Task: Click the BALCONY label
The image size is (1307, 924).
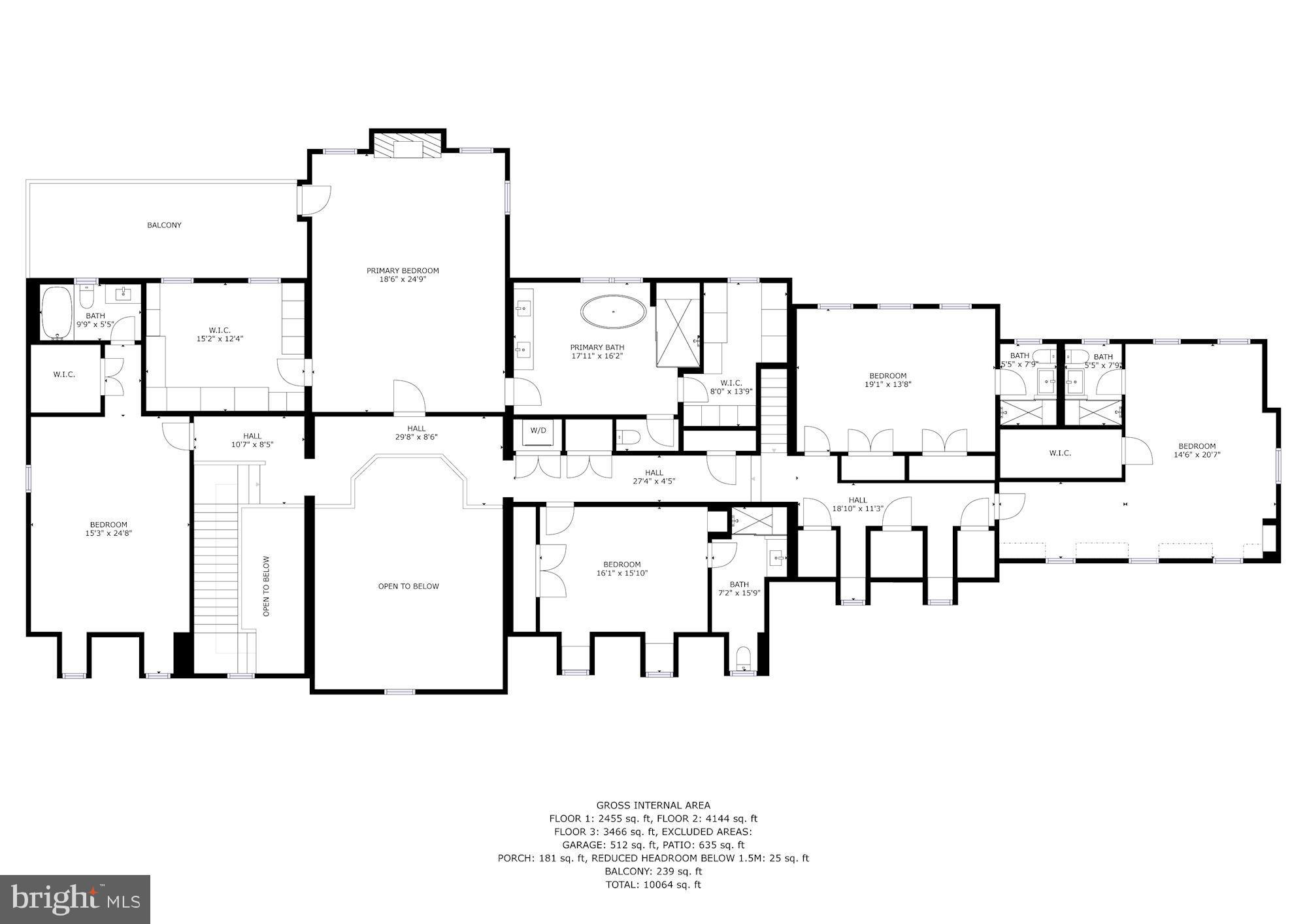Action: (164, 225)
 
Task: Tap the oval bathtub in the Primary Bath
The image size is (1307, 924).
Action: (614, 312)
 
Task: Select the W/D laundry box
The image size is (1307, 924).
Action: (538, 431)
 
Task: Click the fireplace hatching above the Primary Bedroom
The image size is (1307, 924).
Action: (408, 148)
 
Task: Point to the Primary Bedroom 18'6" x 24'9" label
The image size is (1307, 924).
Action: (403, 275)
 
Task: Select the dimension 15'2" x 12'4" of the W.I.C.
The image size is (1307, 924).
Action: (220, 339)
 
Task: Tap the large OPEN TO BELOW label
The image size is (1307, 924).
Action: (408, 586)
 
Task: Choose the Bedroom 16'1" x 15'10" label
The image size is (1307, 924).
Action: (621, 569)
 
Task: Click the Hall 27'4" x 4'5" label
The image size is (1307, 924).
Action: (653, 477)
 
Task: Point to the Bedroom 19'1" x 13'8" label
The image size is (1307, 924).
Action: (887, 380)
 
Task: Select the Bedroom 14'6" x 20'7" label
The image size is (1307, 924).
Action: (1197, 451)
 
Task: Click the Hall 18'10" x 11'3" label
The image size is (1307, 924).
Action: (857, 504)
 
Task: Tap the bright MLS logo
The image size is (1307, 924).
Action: (75, 899)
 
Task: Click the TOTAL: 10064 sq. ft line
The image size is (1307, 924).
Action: (653, 885)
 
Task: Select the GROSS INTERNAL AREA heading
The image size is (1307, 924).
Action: (653, 805)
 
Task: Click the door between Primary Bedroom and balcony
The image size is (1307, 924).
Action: (315, 200)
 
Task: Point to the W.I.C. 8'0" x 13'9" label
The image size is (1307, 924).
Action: (731, 387)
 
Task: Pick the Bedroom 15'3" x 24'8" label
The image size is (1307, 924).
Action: (108, 529)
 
